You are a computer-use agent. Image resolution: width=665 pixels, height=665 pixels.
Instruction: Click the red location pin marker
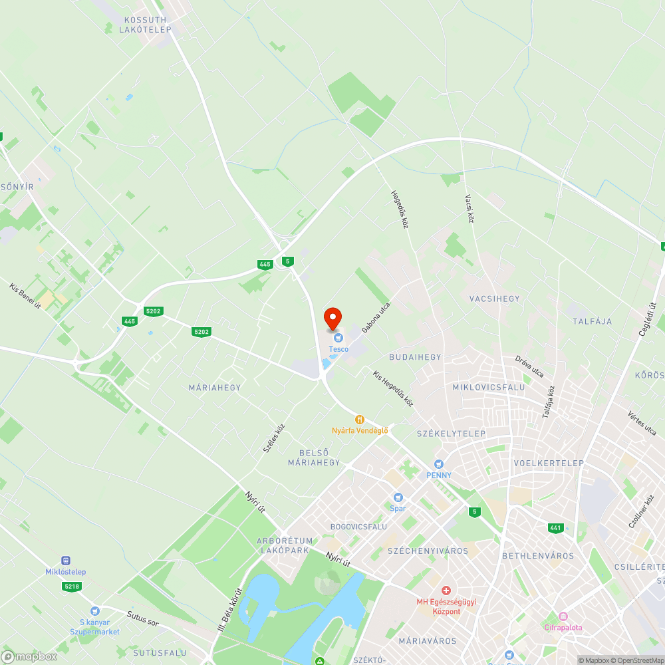point(332,318)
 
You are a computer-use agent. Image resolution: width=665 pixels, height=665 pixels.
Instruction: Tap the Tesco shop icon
point(338,339)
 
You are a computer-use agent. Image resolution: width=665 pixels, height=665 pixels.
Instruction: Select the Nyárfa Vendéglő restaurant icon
point(360,420)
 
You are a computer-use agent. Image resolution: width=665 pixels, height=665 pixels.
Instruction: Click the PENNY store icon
point(438,464)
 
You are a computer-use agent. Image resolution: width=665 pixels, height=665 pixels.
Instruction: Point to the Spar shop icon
point(398,497)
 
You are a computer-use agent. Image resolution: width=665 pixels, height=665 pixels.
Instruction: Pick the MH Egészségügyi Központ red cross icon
point(446,591)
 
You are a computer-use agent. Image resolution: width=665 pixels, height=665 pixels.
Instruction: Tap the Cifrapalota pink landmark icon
point(563,616)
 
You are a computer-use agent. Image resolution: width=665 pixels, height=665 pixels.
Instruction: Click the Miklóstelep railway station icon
point(66,561)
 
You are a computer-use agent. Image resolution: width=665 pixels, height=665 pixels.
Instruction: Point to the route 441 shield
point(556,528)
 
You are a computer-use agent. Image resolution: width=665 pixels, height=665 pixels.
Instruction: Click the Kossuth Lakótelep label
point(145,25)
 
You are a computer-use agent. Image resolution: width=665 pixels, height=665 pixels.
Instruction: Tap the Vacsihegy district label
point(495,299)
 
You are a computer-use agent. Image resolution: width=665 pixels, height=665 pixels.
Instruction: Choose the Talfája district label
point(592,321)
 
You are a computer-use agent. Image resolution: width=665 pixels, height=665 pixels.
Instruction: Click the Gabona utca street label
point(376,318)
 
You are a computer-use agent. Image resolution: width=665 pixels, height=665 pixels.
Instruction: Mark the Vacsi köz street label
point(468,208)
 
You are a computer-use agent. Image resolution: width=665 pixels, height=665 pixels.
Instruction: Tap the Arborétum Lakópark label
point(284,545)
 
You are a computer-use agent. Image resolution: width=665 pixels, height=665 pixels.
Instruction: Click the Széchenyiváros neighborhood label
point(428,551)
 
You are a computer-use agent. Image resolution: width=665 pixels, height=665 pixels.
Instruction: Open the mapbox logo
point(30,656)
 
